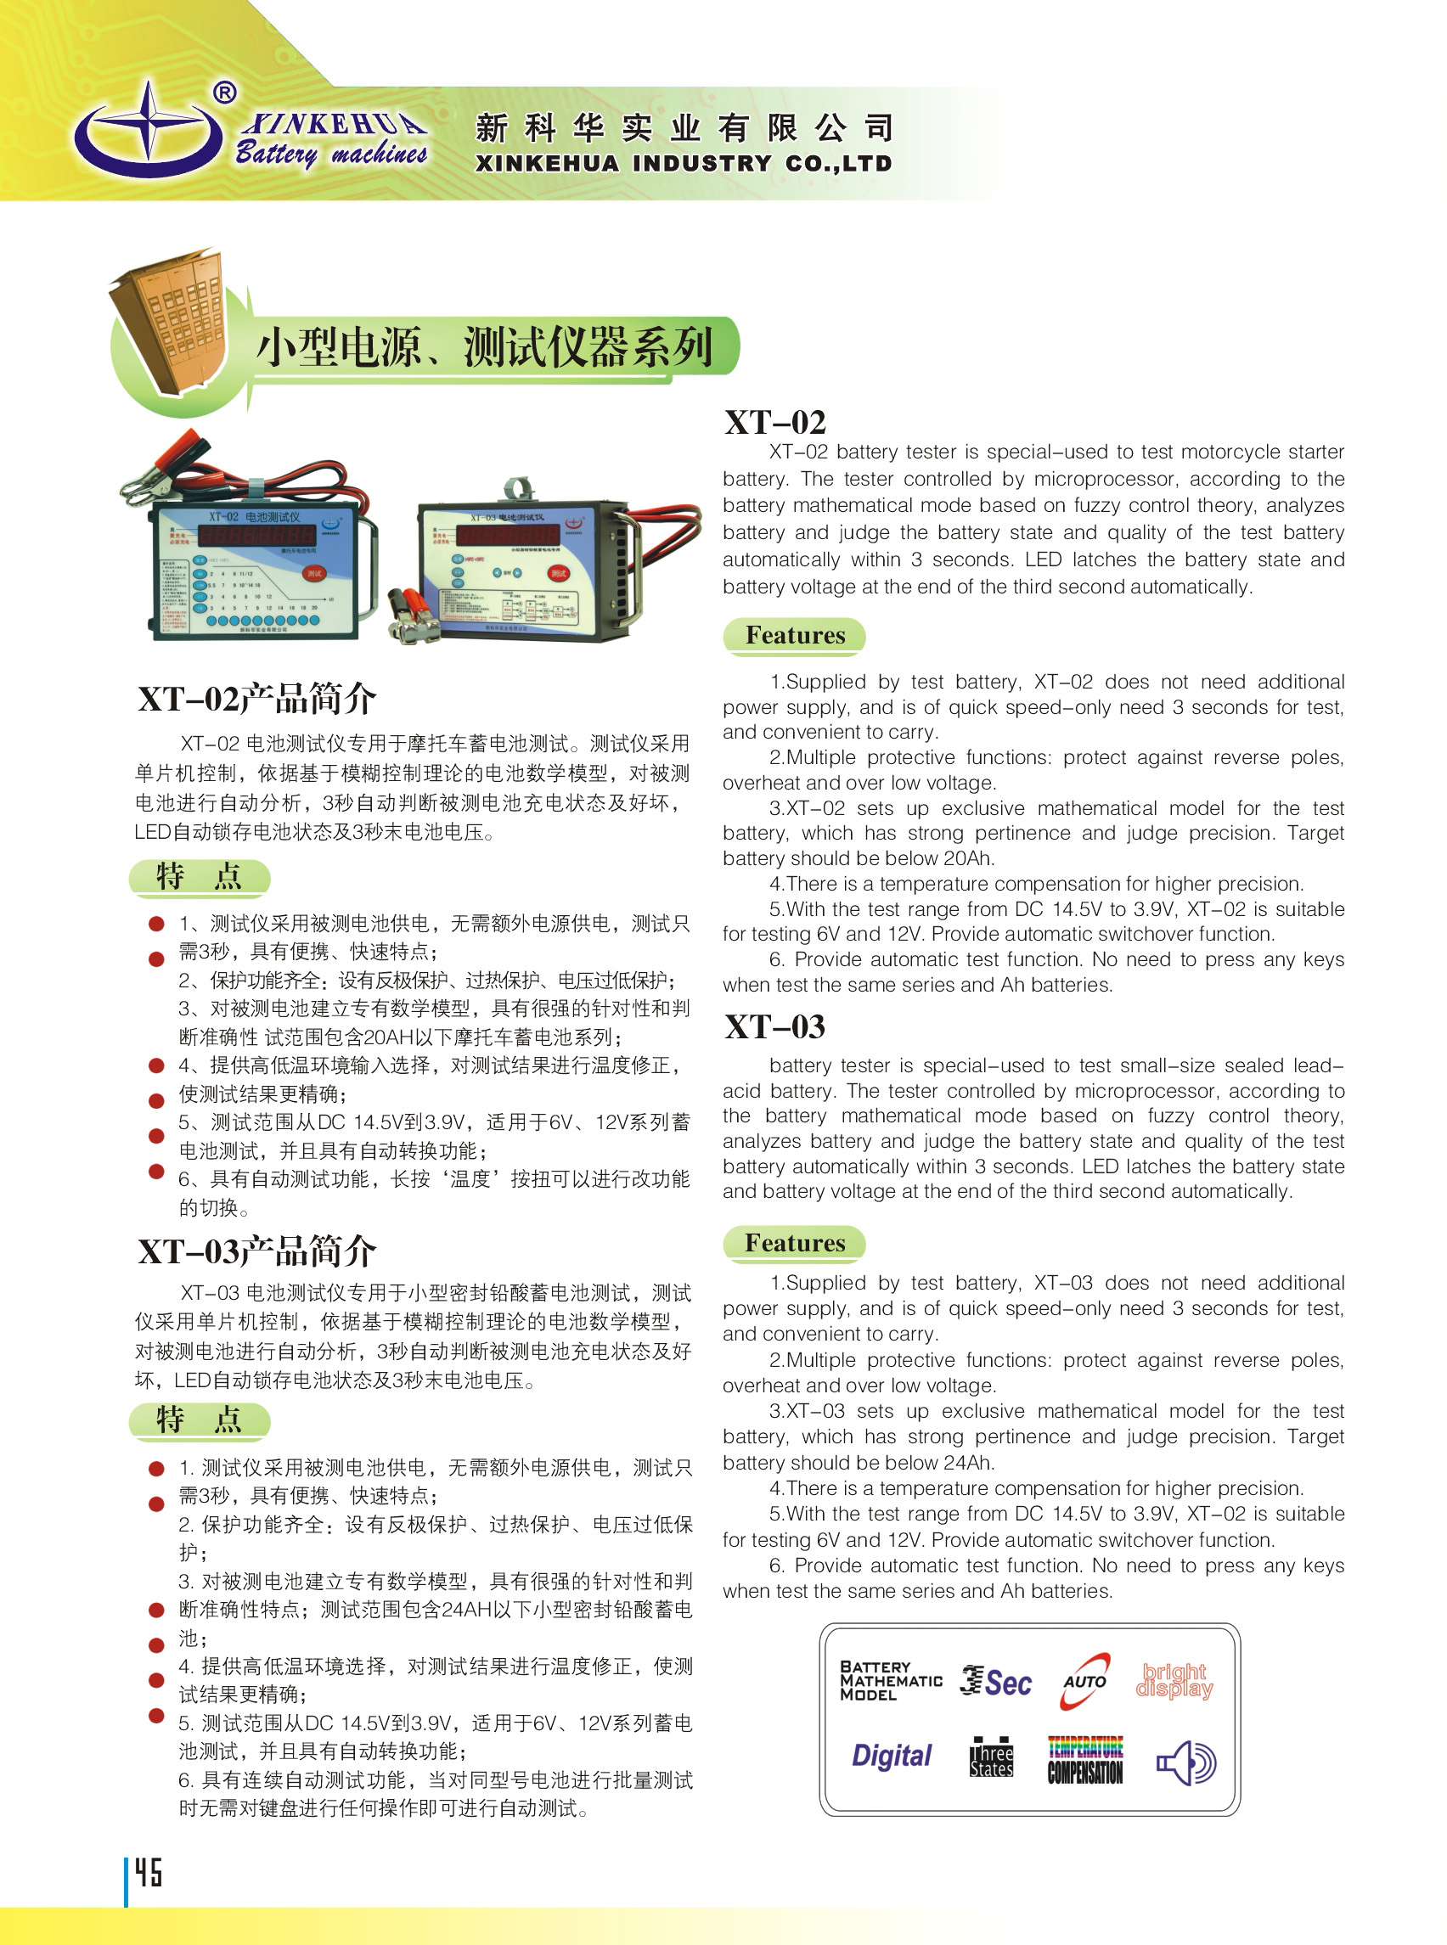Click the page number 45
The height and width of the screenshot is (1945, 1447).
point(148,1872)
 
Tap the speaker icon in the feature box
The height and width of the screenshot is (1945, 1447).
point(1185,1762)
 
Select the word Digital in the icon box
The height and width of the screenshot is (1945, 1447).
point(891,1756)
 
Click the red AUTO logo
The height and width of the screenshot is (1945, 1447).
point(1084,1680)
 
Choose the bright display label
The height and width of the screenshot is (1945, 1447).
point(1174,1680)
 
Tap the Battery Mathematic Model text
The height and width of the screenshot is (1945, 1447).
point(890,1680)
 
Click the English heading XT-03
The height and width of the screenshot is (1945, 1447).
point(774,1027)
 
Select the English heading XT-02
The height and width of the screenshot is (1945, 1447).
point(774,423)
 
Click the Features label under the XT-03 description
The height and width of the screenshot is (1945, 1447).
point(795,1243)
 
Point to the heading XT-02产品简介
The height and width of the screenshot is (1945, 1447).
point(256,699)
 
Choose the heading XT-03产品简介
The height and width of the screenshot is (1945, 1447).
point(256,1251)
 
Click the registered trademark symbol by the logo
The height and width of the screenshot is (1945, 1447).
point(225,92)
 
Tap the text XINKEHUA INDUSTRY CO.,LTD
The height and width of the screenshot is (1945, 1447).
point(684,164)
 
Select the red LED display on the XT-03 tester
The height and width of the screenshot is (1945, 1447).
point(503,534)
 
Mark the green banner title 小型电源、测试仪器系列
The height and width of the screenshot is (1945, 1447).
point(483,346)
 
